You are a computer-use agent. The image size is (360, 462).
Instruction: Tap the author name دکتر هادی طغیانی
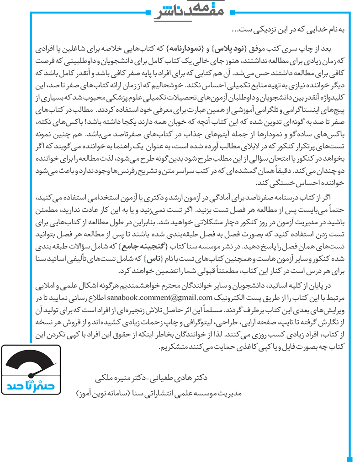[x=184, y=378]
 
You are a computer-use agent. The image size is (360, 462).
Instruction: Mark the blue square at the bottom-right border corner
[x=349, y=459]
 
